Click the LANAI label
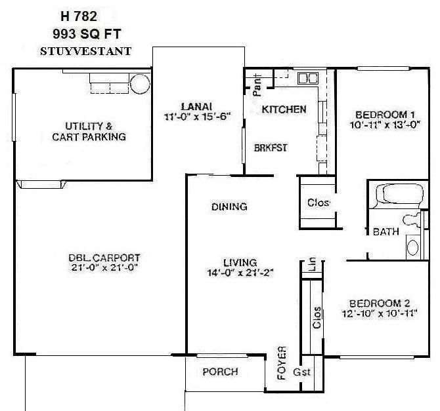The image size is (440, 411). click(x=197, y=106)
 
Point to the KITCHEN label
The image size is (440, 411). click(x=284, y=109)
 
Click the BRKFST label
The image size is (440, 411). click(x=271, y=148)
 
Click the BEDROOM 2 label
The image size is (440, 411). click(x=380, y=303)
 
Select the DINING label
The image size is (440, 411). click(x=229, y=207)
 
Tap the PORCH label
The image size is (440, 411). click(x=220, y=372)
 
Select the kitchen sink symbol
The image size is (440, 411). click(x=307, y=79)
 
